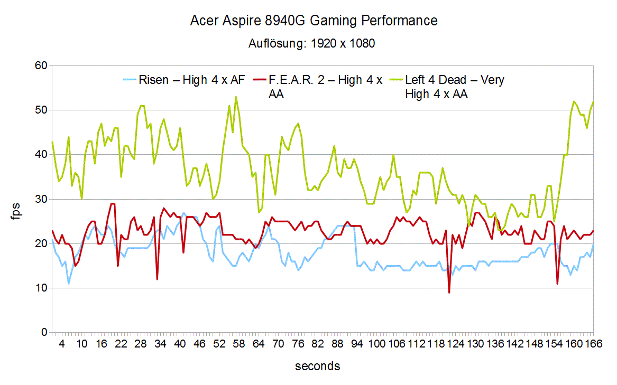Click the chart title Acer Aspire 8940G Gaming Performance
[314, 21]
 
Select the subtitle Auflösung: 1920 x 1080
[311, 44]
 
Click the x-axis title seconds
[317, 366]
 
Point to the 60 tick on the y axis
[41, 65]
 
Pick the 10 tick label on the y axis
[41, 288]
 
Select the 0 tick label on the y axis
[44, 333]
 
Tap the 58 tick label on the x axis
[238, 344]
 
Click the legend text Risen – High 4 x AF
[192, 81]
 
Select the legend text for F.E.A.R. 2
[325, 87]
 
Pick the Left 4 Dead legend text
[455, 87]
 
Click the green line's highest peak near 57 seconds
[236, 97]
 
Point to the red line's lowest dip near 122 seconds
[449, 292]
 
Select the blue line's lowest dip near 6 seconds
[69, 284]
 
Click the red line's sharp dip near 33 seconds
[157, 279]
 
